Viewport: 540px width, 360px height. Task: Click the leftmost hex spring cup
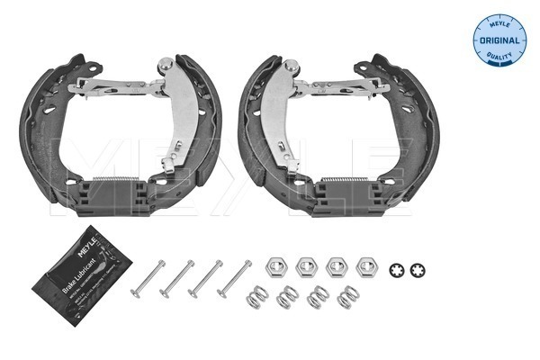(x=277, y=266)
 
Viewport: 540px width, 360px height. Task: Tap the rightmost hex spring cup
(x=365, y=266)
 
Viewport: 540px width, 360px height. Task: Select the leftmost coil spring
(x=258, y=297)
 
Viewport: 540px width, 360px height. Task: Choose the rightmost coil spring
(x=346, y=297)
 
